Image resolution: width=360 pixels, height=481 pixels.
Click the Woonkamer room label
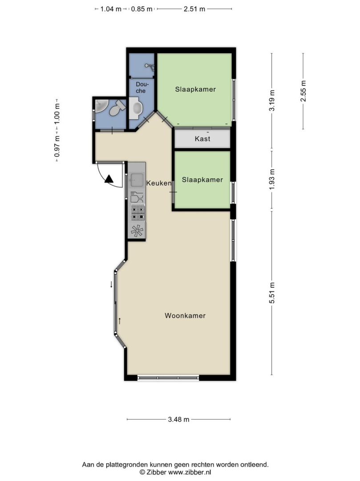click(185, 316)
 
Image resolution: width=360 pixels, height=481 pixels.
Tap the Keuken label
click(159, 183)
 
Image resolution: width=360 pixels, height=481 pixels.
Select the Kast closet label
click(202, 139)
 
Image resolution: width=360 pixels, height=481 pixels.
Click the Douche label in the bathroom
click(141, 87)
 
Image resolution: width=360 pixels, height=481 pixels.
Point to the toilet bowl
click(117, 108)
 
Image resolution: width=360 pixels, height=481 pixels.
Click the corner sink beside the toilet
click(101, 106)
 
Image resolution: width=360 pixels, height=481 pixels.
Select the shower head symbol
click(150, 66)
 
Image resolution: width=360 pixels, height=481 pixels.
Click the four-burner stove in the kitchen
click(138, 212)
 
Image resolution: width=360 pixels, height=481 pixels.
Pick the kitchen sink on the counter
click(137, 180)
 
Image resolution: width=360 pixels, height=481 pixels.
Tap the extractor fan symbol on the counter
click(137, 231)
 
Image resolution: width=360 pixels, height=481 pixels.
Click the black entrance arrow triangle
click(109, 179)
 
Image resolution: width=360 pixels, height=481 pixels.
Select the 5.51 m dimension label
click(272, 293)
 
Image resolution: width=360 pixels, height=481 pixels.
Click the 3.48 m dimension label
click(178, 420)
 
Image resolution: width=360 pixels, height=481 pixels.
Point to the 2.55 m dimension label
click(303, 91)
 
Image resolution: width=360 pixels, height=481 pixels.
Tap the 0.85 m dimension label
click(142, 9)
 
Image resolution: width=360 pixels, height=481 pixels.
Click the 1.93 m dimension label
click(272, 179)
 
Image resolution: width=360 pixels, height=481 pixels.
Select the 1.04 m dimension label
click(111, 9)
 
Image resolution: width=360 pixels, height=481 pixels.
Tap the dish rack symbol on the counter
click(137, 197)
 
